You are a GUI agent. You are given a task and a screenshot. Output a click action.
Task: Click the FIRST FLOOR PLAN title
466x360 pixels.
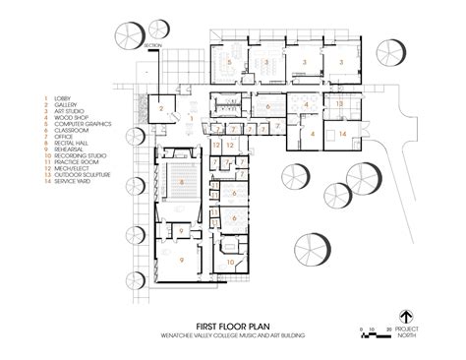(x=233, y=325)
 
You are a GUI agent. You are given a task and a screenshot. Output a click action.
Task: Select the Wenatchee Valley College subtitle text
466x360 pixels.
(x=233, y=335)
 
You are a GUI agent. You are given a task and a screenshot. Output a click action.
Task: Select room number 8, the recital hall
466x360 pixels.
(x=183, y=183)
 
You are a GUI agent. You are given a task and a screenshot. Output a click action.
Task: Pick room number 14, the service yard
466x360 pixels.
(x=342, y=133)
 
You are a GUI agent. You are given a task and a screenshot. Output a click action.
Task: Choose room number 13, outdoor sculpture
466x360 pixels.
(x=337, y=103)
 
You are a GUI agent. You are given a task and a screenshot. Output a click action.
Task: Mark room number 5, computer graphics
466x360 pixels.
(x=228, y=62)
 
